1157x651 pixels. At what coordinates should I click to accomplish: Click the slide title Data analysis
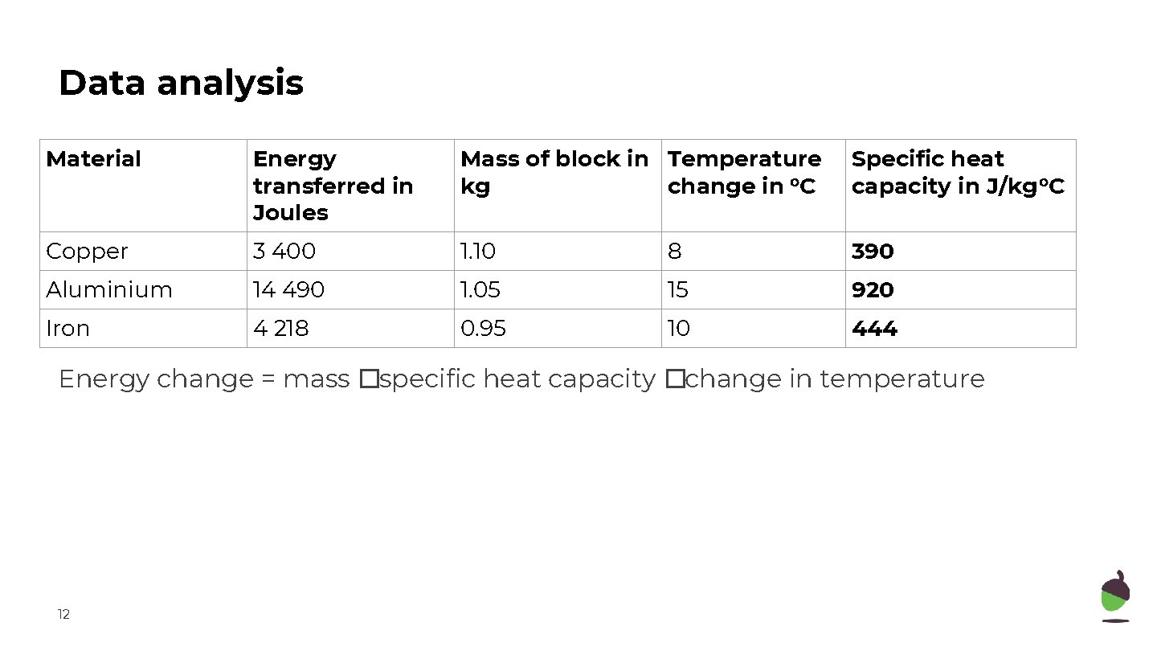coord(181,83)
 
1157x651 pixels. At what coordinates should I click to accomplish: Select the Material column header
coord(93,159)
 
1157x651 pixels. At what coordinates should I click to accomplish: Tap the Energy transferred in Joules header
coord(333,186)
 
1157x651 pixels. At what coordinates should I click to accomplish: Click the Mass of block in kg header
coord(554,172)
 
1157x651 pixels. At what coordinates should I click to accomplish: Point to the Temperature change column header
coord(744,172)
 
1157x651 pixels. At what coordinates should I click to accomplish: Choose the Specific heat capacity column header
coord(958,172)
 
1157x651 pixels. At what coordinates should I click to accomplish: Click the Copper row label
coord(87,252)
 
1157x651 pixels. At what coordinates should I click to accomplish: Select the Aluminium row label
coord(109,290)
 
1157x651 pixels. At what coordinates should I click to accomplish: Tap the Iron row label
coord(67,329)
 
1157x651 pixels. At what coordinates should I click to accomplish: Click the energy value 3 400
coord(284,252)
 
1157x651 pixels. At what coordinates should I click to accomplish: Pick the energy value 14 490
coord(288,290)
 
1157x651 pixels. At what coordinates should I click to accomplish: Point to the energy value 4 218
coord(280,329)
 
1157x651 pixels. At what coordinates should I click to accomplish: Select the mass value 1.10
coord(478,252)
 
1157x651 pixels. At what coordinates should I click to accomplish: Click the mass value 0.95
coord(483,329)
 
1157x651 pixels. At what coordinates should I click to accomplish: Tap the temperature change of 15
coord(678,290)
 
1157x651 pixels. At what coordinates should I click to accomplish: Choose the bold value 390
coord(873,252)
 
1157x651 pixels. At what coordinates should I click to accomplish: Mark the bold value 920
coord(873,290)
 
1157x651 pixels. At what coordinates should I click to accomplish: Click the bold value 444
coord(874,329)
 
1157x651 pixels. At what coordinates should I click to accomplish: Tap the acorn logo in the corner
coord(1114,596)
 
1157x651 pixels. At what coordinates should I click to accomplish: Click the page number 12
coord(63,615)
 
